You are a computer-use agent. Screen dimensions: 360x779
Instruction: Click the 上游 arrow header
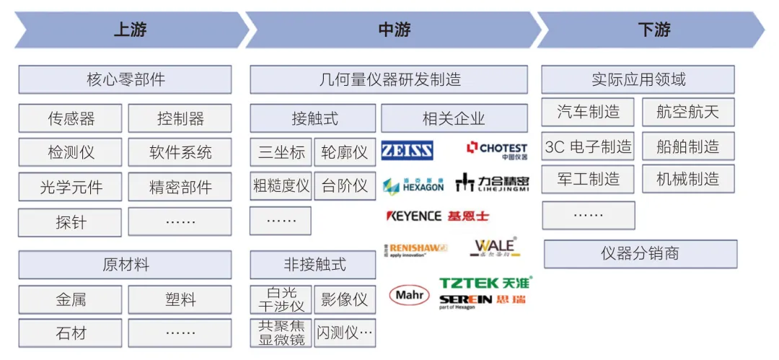(130, 30)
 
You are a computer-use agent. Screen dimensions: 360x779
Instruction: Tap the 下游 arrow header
(653, 30)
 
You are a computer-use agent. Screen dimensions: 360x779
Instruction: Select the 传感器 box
(71, 118)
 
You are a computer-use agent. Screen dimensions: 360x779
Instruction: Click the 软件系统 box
(180, 152)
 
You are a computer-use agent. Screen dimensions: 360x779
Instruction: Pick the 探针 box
(71, 222)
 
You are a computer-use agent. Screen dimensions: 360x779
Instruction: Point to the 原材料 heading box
(125, 265)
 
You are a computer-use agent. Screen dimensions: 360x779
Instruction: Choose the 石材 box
(71, 333)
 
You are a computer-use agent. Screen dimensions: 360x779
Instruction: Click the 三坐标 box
(281, 152)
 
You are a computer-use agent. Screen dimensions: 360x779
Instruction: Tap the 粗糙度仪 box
(281, 186)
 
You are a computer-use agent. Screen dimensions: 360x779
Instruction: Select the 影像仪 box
(344, 299)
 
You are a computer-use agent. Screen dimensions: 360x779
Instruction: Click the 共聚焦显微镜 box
(281, 333)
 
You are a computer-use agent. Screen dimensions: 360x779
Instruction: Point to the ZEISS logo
(408, 150)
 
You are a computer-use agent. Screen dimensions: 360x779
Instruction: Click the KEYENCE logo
(414, 216)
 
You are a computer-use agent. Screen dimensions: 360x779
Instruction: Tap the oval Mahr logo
(409, 294)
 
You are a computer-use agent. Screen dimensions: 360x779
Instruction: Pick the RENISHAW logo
(416, 250)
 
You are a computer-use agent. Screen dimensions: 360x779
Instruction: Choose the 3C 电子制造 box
(588, 146)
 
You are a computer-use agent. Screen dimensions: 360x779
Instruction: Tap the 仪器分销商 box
(640, 254)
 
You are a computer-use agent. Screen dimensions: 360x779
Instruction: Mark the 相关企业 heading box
(454, 118)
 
